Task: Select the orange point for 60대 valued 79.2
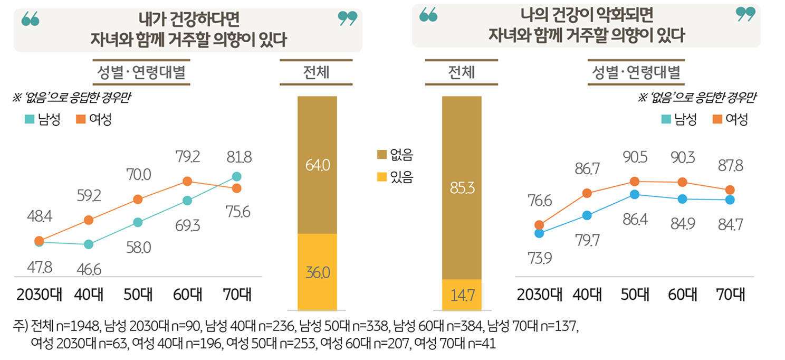[187, 181]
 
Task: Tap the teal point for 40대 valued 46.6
[89, 244]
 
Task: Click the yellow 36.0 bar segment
[318, 272]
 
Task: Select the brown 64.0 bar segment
[318, 165]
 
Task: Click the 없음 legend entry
[396, 155]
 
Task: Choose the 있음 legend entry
[396, 177]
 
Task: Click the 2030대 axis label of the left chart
[40, 295]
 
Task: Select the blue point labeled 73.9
[539, 233]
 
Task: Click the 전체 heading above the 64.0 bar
[317, 72]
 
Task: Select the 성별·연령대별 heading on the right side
[634, 72]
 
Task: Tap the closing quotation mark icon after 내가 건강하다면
[347, 18]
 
